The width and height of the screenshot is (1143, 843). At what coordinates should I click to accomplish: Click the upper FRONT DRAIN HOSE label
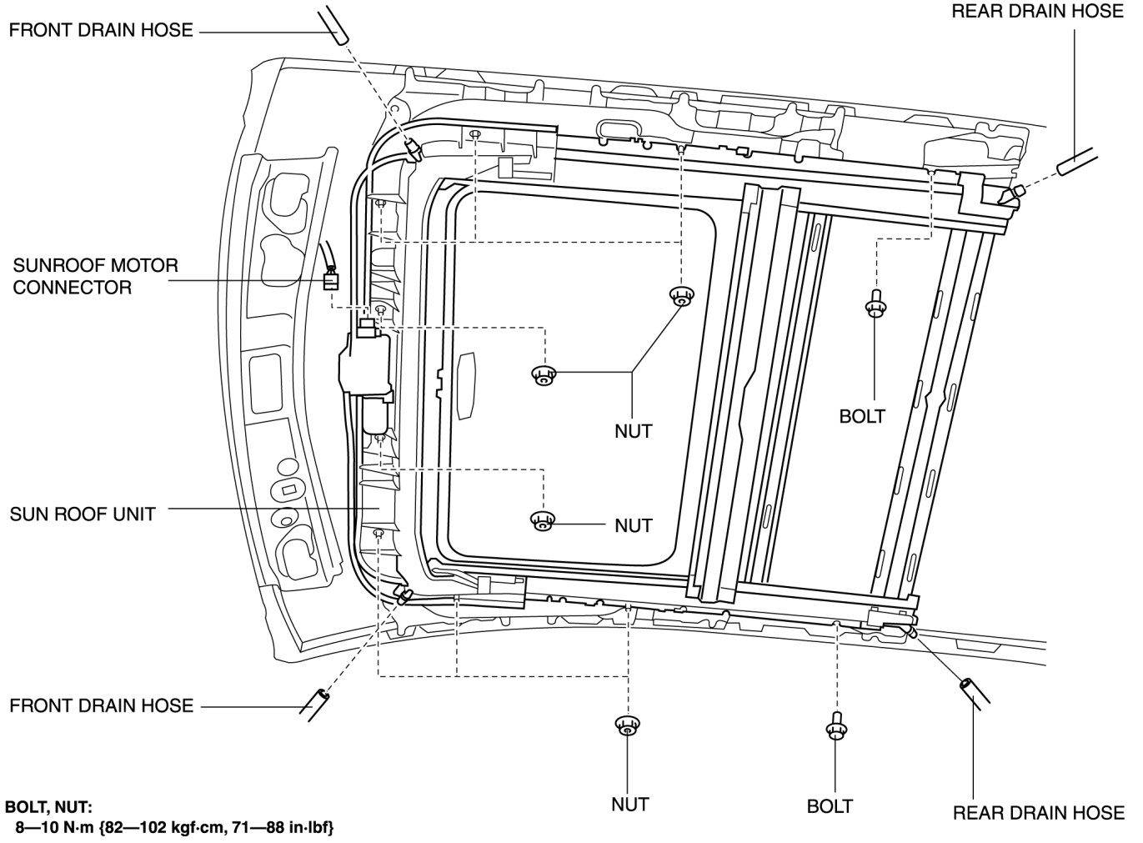pos(101,31)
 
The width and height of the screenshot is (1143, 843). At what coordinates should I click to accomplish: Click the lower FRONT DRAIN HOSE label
pos(101,706)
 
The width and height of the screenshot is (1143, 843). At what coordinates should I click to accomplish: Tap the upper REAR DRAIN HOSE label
pos(1037,11)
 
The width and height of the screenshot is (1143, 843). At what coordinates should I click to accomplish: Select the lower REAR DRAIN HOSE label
pos(1038,812)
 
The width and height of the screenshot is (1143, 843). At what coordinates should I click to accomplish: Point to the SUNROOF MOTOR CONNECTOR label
pos(95,277)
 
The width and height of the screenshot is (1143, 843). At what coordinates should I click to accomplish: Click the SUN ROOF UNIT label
pos(83,514)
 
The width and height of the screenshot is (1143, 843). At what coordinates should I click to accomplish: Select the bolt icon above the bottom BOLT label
pos(836,727)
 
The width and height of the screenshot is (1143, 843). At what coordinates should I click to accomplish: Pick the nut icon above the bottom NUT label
pos(627,725)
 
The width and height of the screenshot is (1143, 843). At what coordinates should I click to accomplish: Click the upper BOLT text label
pos(862,415)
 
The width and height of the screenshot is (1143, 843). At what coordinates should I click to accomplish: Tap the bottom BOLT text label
pos(830,806)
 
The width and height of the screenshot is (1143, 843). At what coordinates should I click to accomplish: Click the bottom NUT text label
pos(630,805)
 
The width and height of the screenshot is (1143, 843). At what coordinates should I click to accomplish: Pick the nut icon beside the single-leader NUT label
pos(543,520)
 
